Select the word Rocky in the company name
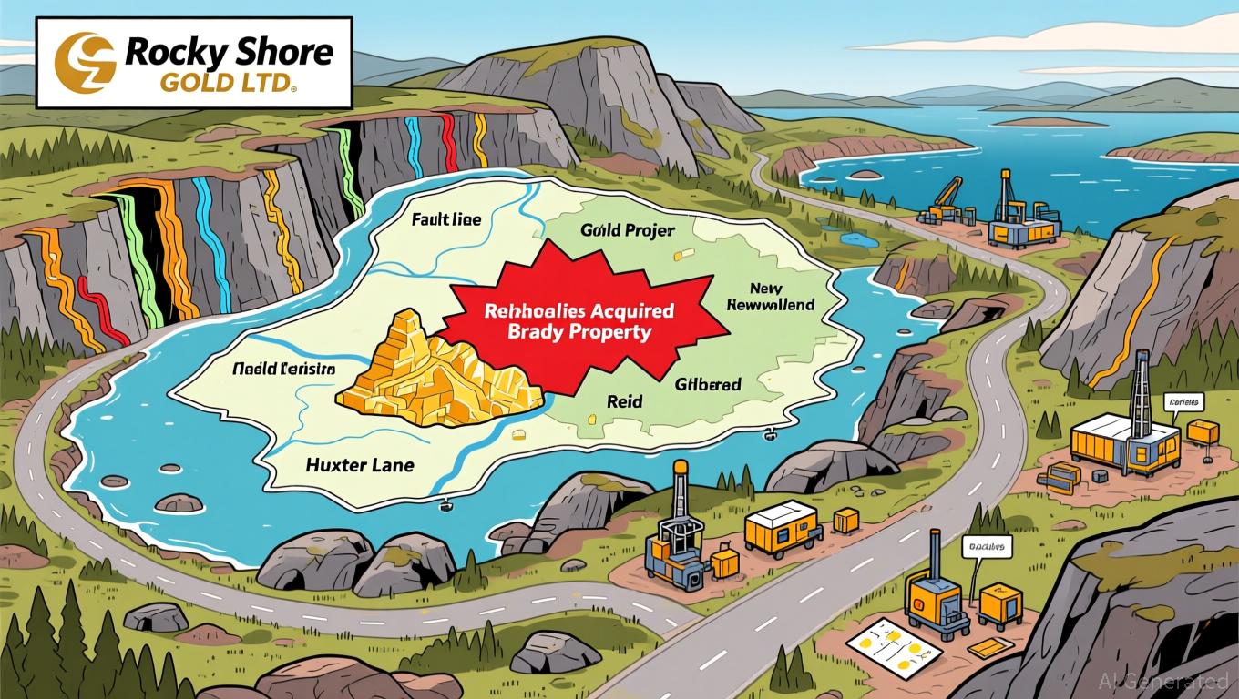pyautogui.click(x=164, y=52)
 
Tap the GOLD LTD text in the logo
pyautogui.click(x=225, y=86)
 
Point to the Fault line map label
pyautogui.click(x=446, y=219)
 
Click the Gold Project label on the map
pyautogui.click(x=627, y=230)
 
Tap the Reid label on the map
pyautogui.click(x=624, y=400)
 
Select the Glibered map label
pyautogui.click(x=708, y=385)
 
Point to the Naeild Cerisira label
pyautogui.click(x=283, y=370)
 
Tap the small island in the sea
pyautogui.click(x=1048, y=121)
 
